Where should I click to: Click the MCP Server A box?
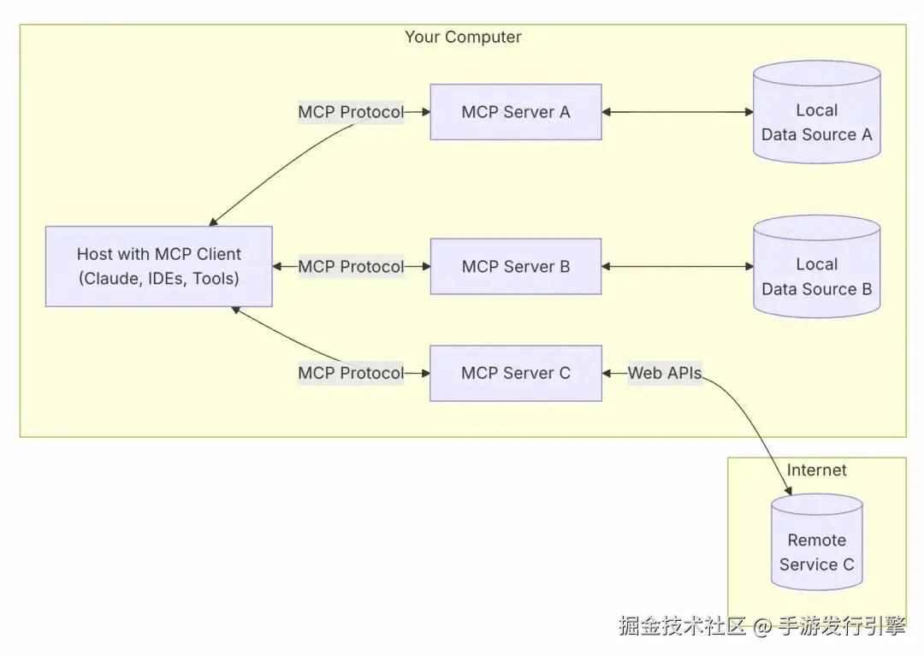tap(515, 112)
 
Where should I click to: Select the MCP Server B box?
tap(515, 267)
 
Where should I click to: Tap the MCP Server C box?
tap(515, 373)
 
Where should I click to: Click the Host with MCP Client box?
tap(158, 266)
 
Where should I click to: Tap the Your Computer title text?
tap(462, 37)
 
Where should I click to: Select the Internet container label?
tap(816, 470)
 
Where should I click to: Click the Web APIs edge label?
tap(665, 373)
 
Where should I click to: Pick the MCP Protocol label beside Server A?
tap(350, 112)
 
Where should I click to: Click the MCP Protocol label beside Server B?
tap(350, 267)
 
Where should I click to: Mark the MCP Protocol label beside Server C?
tap(350, 373)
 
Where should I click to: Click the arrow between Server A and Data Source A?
tap(677, 112)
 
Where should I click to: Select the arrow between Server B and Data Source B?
tap(677, 267)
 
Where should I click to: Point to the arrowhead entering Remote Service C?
tap(788, 490)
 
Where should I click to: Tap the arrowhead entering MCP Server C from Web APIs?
tap(607, 373)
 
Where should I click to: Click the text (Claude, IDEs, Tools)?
tap(158, 278)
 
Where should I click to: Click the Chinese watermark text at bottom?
tap(761, 626)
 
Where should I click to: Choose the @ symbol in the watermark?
tap(763, 628)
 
